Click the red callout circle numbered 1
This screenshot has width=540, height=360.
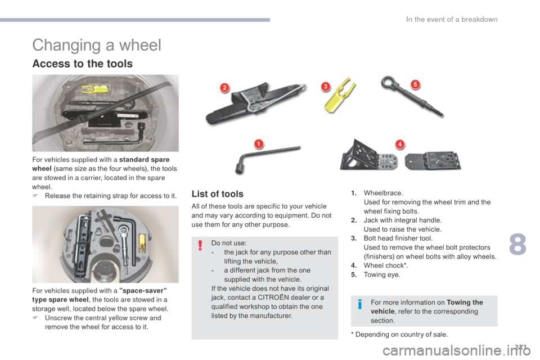pyautogui.click(x=259, y=143)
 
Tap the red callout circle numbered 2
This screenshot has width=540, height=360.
pyautogui.click(x=224, y=88)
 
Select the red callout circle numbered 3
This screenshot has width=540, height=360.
pyautogui.click(x=326, y=86)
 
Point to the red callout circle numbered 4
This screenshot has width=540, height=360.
pyautogui.click(x=400, y=144)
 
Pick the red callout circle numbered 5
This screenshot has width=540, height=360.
pyautogui.click(x=415, y=84)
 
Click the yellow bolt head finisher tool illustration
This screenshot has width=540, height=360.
pyautogui.click(x=339, y=95)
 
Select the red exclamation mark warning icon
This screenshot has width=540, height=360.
pyautogui.click(x=200, y=245)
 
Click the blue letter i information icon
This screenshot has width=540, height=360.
pyautogui.click(x=360, y=304)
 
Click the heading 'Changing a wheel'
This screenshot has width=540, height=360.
pyautogui.click(x=97, y=45)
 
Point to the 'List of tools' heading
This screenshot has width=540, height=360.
pyautogui.click(x=217, y=194)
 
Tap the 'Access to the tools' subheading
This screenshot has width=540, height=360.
pyautogui.click(x=82, y=64)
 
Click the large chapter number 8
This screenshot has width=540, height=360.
pyautogui.click(x=517, y=244)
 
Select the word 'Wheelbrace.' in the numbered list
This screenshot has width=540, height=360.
pyautogui.click(x=383, y=193)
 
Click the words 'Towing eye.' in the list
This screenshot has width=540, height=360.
pyautogui.click(x=382, y=274)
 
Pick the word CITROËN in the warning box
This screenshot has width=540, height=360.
pyautogui.click(x=276, y=298)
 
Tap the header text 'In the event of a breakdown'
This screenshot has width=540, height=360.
pyautogui.click(x=452, y=19)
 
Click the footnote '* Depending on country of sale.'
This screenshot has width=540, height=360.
pyautogui.click(x=399, y=334)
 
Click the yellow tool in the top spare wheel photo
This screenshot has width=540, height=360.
pyautogui.click(x=94, y=89)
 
